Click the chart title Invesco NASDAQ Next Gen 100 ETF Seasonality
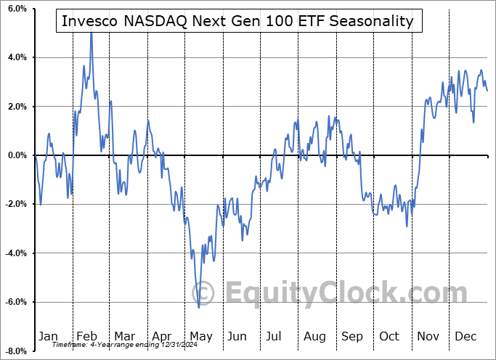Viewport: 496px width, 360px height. click(x=237, y=21)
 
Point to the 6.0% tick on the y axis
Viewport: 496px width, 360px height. click(x=16, y=9)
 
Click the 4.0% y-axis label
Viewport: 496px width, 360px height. click(x=16, y=57)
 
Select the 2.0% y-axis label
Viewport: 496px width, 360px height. click(x=16, y=107)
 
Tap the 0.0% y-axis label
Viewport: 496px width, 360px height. click(x=16, y=155)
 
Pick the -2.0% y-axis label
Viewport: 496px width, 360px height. click(x=15, y=204)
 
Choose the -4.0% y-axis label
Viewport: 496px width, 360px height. click(x=15, y=253)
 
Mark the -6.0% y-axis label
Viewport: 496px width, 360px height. click(x=15, y=302)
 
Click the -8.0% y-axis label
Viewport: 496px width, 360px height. click(x=15, y=351)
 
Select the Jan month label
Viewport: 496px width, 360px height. click(x=48, y=337)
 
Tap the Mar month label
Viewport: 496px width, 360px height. click(x=124, y=337)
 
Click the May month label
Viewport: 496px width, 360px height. click(x=200, y=337)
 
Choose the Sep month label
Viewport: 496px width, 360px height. click(x=353, y=337)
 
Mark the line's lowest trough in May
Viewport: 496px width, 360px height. click(x=198, y=307)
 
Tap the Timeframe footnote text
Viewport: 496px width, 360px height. click(x=110, y=345)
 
